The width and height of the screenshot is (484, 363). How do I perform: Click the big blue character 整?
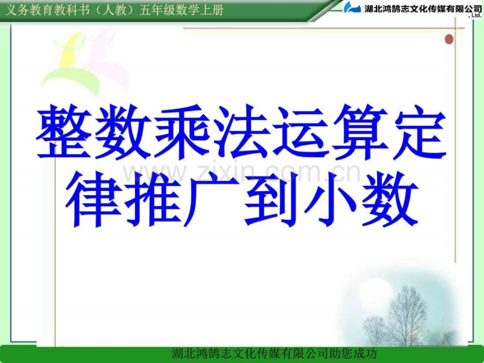click(64, 132)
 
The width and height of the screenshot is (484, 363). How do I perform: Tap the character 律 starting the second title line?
click(94, 199)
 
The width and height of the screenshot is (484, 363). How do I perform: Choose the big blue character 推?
click(153, 199)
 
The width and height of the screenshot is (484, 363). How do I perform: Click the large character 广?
click(211, 199)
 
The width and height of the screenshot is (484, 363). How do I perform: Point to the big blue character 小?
click(330, 199)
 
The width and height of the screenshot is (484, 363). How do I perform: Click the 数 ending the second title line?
click(389, 199)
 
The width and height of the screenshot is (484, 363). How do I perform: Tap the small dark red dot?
click(449, 39)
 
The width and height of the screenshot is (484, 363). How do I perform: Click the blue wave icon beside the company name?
click(352, 7)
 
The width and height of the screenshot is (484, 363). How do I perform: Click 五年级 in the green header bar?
click(154, 11)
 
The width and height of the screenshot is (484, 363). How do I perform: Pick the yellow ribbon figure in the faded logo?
click(70, 51)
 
